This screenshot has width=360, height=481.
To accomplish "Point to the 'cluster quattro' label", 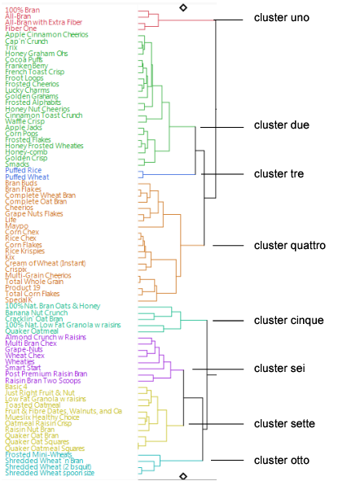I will (x=290, y=245).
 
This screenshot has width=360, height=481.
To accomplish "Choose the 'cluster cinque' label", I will (x=288, y=321).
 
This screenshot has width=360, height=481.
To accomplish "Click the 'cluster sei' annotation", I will (x=280, y=369).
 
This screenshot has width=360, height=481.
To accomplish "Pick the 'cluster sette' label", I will (x=284, y=423).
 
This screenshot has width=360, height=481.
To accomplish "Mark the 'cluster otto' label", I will (x=282, y=461).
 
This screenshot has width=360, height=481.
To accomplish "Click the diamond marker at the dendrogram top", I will (x=183, y=7).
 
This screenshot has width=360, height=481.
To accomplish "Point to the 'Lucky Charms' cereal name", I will (x=27, y=90).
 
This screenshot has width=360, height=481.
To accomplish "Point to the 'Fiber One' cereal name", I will (x=20, y=28).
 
